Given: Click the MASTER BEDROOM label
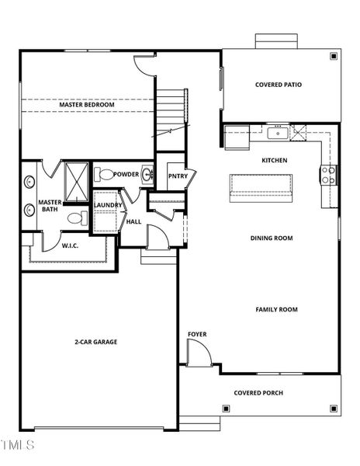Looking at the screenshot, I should (x=87, y=105).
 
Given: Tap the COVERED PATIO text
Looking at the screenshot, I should (x=279, y=85).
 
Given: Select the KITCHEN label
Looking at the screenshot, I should (x=274, y=160).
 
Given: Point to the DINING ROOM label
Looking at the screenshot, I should (x=271, y=238).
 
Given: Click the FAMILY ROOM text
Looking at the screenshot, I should (x=276, y=310).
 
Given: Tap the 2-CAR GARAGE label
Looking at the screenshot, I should (x=95, y=342).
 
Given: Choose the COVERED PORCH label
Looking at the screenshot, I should (x=258, y=393).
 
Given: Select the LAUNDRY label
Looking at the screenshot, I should (x=108, y=205).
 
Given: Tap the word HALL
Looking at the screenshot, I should (x=133, y=221).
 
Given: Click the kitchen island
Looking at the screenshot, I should (x=261, y=187).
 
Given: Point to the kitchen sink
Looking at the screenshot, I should (x=278, y=133).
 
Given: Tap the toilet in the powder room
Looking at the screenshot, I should (x=106, y=175).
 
